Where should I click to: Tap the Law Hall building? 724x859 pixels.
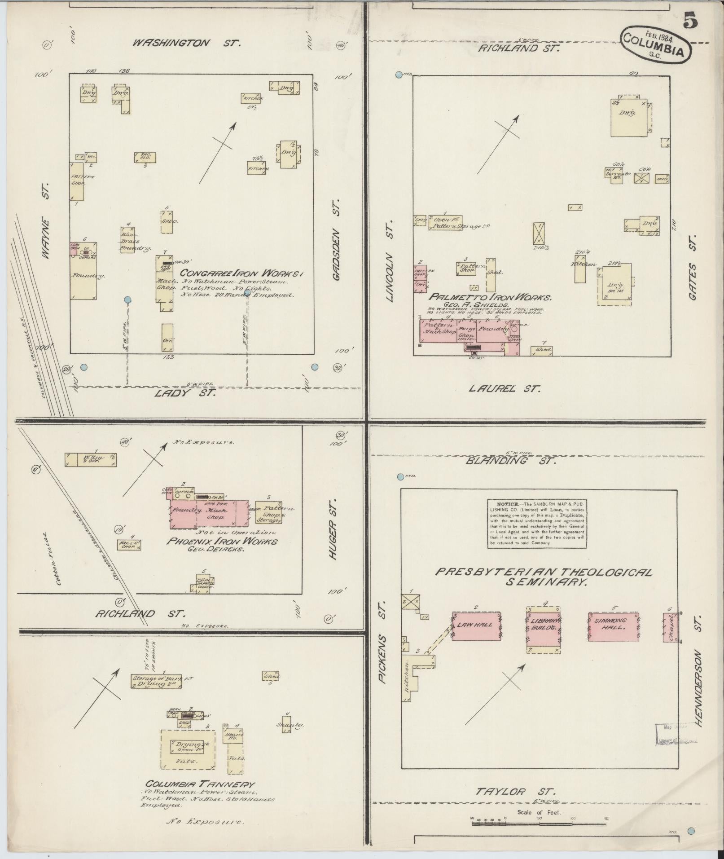click(476, 626)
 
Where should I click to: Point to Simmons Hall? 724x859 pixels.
click(613, 626)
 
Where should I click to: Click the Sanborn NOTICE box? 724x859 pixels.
click(537, 524)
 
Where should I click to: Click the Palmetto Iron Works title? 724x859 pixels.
click(490, 297)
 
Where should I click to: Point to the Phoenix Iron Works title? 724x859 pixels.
click(222, 541)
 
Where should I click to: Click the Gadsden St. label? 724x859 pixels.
click(338, 246)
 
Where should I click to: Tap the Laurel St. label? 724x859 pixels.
click(504, 388)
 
